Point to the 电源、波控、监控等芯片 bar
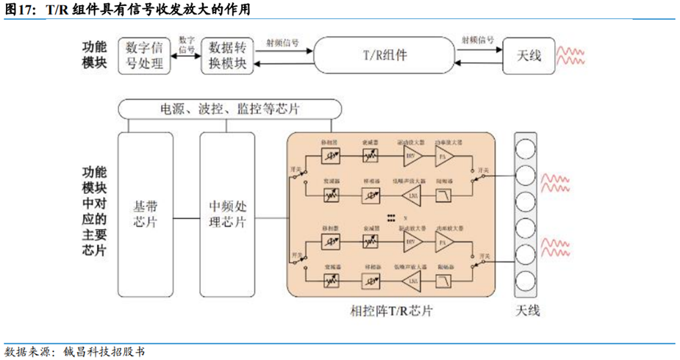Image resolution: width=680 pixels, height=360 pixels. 230,109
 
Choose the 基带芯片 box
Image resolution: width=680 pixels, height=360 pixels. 144,213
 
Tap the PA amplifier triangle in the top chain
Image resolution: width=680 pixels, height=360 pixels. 443,156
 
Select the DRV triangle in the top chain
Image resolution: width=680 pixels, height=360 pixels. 411,156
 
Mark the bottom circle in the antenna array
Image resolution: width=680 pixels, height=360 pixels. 526,280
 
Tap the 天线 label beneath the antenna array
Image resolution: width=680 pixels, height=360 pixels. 525,311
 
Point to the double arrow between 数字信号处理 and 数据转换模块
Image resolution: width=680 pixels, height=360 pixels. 185,63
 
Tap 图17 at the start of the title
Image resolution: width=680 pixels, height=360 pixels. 20,10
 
